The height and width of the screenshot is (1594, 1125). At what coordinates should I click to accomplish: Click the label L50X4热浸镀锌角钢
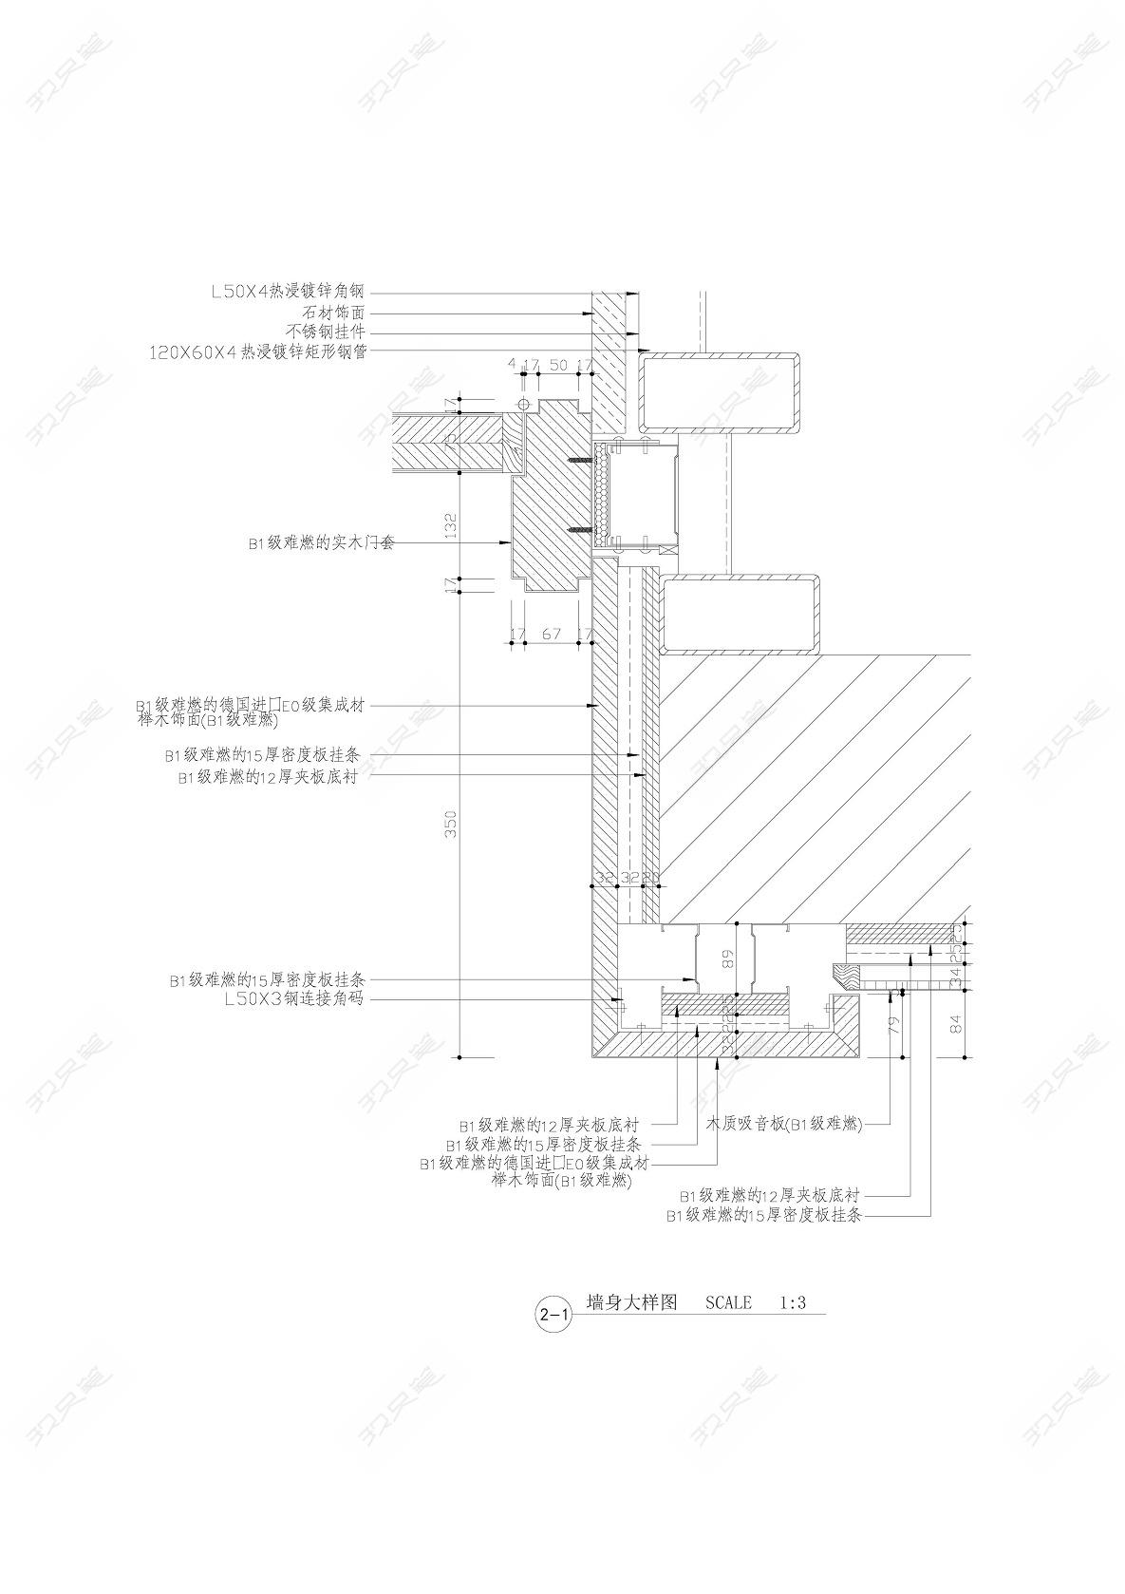point(289,292)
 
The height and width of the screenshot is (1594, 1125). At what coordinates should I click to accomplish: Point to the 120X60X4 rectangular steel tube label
point(258,351)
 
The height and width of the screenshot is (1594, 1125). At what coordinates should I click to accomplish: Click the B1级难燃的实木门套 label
point(321,543)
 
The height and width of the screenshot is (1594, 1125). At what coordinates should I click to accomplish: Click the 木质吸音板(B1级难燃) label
point(783,1124)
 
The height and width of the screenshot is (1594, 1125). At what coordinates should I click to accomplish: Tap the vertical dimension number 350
point(452,823)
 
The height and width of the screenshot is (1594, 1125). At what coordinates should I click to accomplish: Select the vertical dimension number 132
point(452,526)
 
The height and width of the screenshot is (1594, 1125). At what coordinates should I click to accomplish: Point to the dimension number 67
point(551,634)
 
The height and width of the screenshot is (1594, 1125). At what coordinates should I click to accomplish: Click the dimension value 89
point(729,959)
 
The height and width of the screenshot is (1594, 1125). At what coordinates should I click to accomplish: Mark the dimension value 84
point(956,1024)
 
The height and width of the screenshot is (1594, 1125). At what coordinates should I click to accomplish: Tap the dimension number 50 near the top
point(558,365)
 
